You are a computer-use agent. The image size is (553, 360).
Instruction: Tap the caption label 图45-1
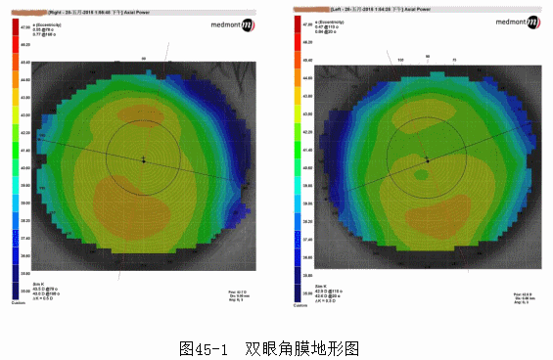204,347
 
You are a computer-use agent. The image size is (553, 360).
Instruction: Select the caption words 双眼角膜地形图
303,347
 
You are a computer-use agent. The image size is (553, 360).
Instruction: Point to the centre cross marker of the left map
143,158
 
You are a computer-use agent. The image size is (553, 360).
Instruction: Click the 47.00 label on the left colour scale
24,27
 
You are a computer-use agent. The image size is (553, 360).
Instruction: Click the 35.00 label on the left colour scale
24,292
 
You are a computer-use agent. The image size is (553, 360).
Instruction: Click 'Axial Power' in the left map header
129,12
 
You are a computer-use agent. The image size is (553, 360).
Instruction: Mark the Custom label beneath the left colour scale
18,303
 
